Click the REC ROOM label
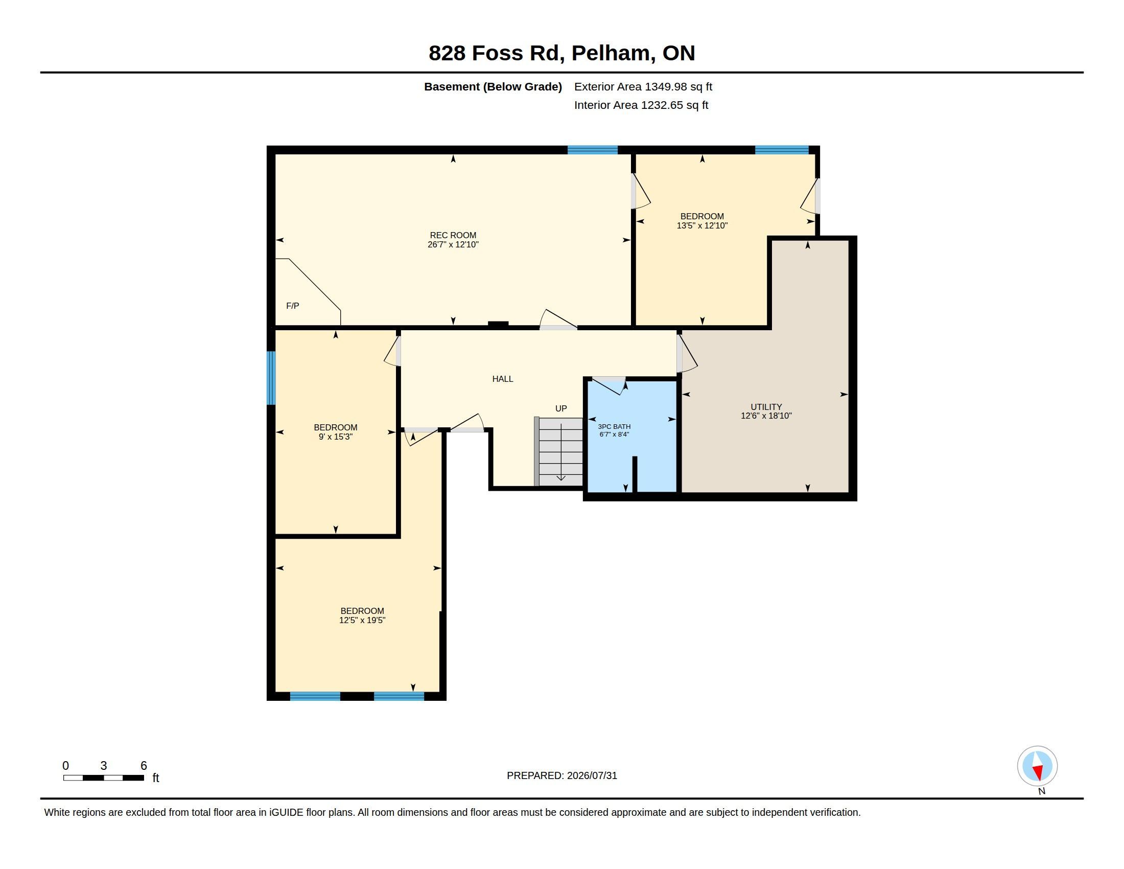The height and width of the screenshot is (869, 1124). tap(453, 235)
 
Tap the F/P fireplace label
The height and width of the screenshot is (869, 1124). tap(292, 306)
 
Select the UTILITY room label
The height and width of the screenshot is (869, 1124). tap(766, 407)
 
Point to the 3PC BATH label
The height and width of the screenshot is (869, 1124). tap(614, 426)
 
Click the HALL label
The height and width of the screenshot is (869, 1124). tap(502, 379)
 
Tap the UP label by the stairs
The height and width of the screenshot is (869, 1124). tap(561, 408)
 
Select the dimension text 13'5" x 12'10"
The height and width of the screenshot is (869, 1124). tap(702, 225)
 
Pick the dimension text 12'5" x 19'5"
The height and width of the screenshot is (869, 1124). tap(362, 621)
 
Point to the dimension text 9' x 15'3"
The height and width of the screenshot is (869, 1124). tap(336, 437)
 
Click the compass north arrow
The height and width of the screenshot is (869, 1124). tap(1037, 766)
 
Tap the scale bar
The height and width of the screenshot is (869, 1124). tap(103, 777)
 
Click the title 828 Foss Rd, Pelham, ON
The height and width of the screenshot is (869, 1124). tap(561, 53)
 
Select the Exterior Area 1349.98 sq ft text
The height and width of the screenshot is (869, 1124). tap(643, 86)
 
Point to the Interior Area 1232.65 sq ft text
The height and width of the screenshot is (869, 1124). tap(641, 105)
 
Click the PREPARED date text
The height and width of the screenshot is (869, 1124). tap(561, 775)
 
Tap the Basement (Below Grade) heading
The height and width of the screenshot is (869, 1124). tap(493, 86)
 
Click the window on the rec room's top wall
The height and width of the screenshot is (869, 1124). tap(592, 150)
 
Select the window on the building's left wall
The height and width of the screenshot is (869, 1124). tap(271, 378)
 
